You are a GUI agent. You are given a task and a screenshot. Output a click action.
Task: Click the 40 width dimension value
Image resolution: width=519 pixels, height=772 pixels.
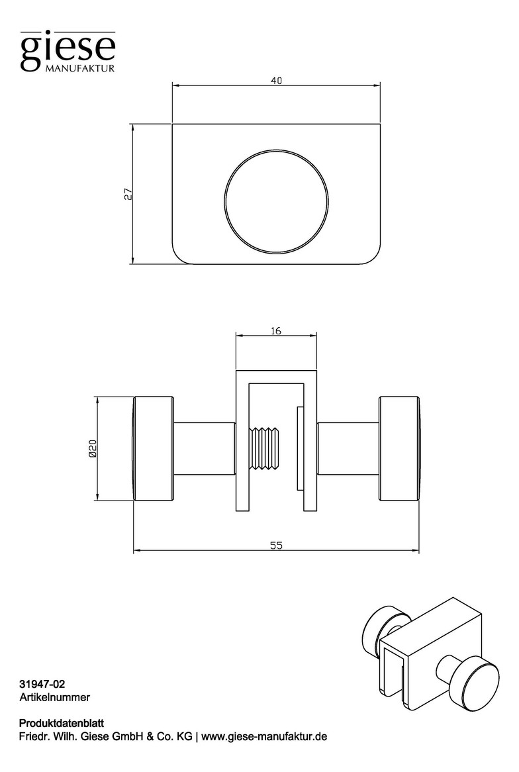[x=276, y=81]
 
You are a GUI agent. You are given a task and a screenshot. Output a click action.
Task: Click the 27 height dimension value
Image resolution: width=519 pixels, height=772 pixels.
[x=128, y=194]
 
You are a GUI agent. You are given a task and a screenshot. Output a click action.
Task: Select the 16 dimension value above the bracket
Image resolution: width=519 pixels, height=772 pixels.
[x=276, y=331]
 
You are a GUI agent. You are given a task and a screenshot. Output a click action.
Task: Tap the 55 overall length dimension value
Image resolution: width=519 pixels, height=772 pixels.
[x=276, y=545]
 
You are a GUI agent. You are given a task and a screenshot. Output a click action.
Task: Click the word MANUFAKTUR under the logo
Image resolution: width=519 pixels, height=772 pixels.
[x=80, y=68]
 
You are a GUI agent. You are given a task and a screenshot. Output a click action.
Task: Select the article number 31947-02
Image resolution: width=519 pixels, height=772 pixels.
[x=42, y=684]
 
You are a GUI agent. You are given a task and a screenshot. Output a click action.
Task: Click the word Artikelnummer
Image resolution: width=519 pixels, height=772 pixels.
[x=55, y=697]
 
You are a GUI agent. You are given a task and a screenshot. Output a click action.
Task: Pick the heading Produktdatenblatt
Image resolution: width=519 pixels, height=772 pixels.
[x=61, y=723]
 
